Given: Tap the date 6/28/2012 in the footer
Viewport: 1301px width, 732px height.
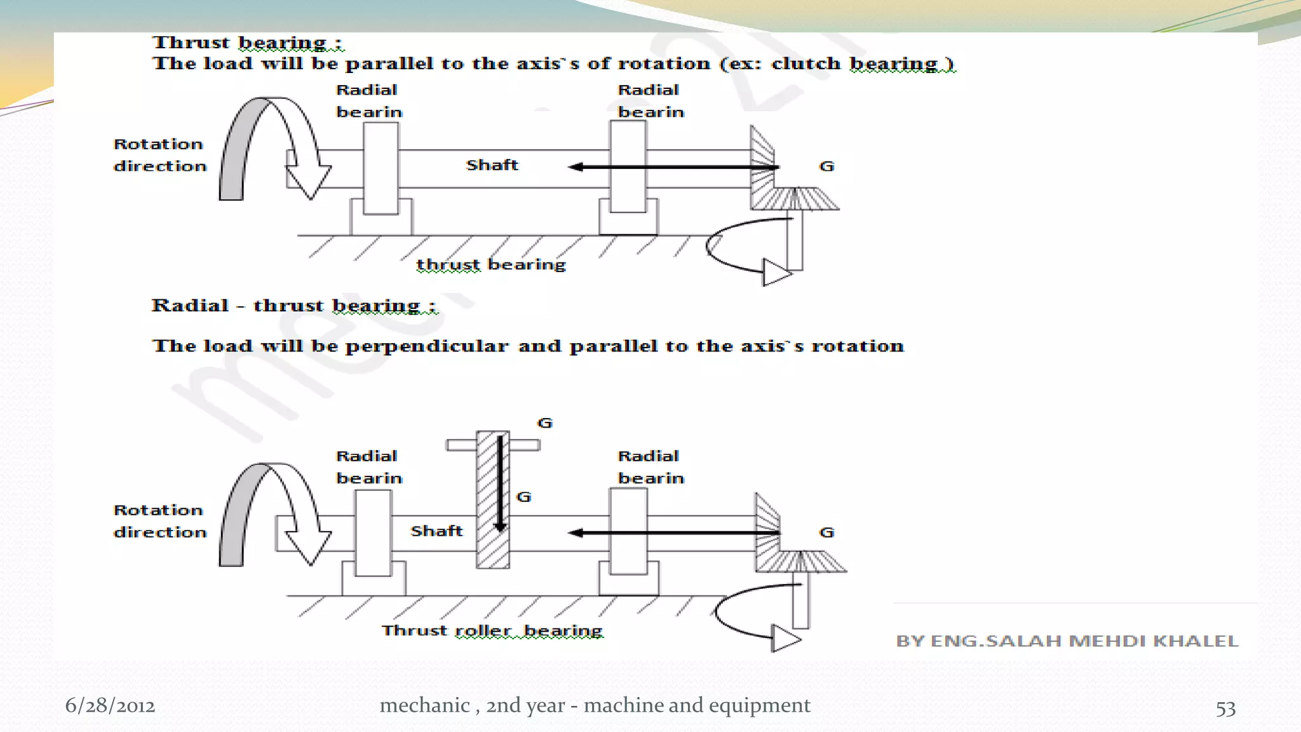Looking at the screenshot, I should pos(110,705).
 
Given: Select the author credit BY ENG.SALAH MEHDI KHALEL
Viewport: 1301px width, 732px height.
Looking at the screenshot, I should pos(1067,640).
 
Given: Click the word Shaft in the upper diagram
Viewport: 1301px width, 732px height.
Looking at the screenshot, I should pos(492,165).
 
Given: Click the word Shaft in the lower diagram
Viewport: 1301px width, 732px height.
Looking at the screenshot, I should pos(436,531).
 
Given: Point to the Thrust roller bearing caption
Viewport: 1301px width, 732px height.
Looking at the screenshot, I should pos(492,630).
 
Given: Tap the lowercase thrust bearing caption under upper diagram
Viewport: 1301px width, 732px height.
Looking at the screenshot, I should pos(490,264).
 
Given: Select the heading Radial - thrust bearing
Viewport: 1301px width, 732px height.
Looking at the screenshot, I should pos(293,306).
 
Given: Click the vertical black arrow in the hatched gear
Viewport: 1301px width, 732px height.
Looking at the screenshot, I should pos(500,483).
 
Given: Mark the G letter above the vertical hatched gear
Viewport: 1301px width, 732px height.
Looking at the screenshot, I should pos(545,423).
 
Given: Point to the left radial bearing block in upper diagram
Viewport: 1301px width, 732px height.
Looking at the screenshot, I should pos(381,168).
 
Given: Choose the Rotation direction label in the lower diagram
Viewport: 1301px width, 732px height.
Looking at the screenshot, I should pos(160,521).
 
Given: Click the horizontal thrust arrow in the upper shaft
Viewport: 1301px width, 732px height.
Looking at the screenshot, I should pos(673,167).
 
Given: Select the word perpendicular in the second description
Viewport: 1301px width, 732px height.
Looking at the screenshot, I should pos(426,346).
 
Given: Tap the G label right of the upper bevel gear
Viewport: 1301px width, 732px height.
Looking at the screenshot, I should pos(826,166).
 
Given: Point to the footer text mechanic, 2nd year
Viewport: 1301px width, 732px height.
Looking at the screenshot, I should pos(595,705).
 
